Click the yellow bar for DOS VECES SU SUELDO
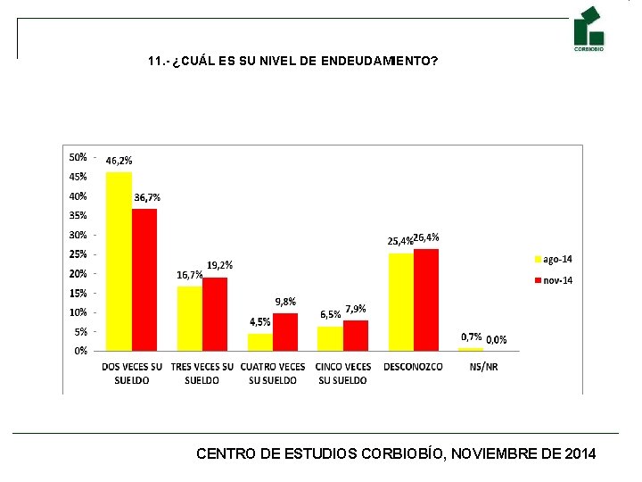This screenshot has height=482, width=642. (x=119, y=262)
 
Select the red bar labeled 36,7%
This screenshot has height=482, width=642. (x=144, y=280)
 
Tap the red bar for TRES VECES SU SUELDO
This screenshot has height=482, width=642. (x=215, y=314)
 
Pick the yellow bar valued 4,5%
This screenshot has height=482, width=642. (x=260, y=342)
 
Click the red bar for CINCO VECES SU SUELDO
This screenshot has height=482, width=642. (x=356, y=336)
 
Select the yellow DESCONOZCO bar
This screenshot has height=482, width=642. (x=401, y=303)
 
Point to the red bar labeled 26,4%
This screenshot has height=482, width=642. (x=426, y=300)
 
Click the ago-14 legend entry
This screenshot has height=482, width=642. (x=554, y=260)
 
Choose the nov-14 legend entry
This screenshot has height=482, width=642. (x=554, y=281)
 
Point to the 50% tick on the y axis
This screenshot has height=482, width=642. (x=78, y=157)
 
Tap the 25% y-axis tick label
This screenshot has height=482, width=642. (x=78, y=254)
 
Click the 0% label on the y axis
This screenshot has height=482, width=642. (x=80, y=351)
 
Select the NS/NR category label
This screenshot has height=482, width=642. (x=483, y=367)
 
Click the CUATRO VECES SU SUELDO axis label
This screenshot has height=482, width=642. (x=273, y=373)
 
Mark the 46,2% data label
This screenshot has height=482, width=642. (x=119, y=161)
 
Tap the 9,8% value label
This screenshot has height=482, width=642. (x=285, y=302)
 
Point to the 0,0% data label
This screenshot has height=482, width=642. (x=497, y=340)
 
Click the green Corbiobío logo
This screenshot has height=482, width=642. (x=588, y=29)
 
